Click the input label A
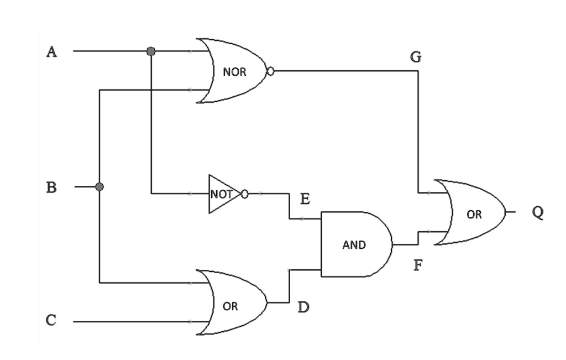pos(51,51)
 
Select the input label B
pos(51,187)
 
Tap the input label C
pos(51,320)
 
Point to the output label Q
pos(538,213)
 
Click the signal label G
pos(416,57)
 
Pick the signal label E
pos(305,199)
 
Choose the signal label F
pos(418,265)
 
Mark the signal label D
pos(303,307)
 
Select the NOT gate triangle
pos(224,194)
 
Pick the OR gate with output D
pos(232,302)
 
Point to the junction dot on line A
pos(151,51)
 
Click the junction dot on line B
pos(99,187)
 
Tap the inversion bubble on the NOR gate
pos(270,71)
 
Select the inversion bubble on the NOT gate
pos(244,194)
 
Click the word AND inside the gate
pos(354,245)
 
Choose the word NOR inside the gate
pos(234,72)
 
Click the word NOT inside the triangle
pos(221,194)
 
